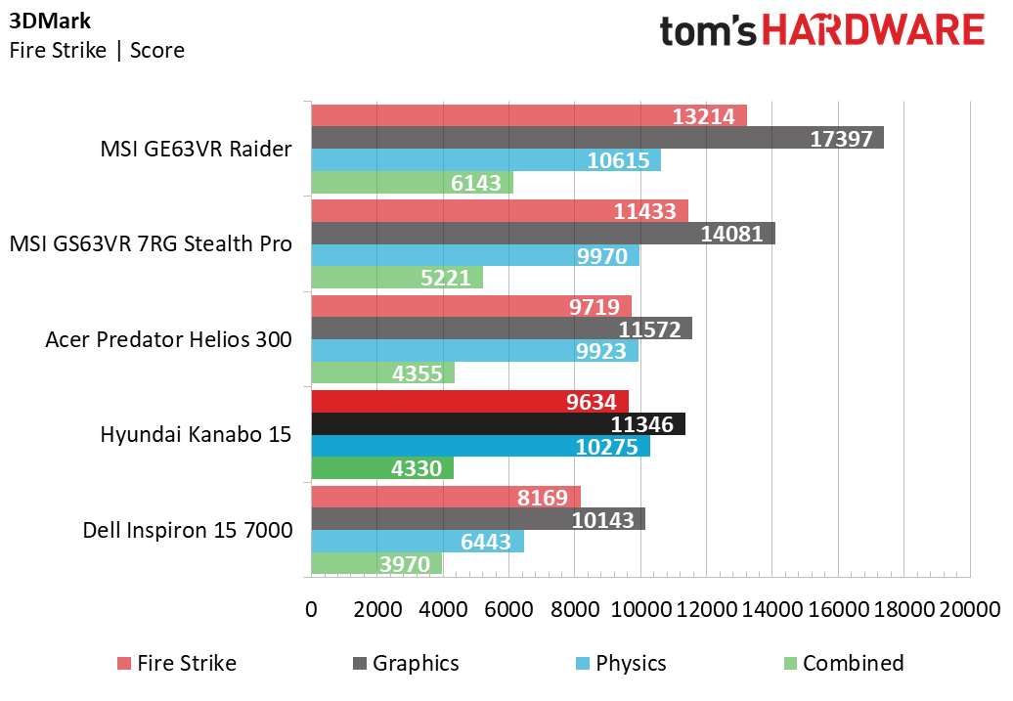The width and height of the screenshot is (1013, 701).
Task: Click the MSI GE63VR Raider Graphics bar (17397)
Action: (x=596, y=138)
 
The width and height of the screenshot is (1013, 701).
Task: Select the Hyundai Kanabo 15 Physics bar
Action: (x=480, y=447)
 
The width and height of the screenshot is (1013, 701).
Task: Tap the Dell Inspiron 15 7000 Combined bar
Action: (x=376, y=564)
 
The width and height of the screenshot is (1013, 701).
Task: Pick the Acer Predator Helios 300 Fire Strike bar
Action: (x=471, y=306)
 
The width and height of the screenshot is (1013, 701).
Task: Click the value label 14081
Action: (x=732, y=234)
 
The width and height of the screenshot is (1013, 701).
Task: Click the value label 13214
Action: (x=704, y=116)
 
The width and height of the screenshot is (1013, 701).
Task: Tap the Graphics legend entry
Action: (x=405, y=663)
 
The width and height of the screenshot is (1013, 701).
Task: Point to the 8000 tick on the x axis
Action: (x=575, y=609)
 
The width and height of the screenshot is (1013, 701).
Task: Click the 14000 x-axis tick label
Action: (x=772, y=609)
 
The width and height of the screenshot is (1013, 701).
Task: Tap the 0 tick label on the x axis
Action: (x=312, y=609)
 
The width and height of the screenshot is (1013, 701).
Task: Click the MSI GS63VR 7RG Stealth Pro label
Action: (x=151, y=244)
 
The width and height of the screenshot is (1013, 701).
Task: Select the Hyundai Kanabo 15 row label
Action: (x=196, y=435)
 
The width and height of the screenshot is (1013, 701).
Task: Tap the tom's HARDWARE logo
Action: (x=821, y=30)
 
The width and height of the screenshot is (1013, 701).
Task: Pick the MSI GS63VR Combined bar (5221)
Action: (x=397, y=278)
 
